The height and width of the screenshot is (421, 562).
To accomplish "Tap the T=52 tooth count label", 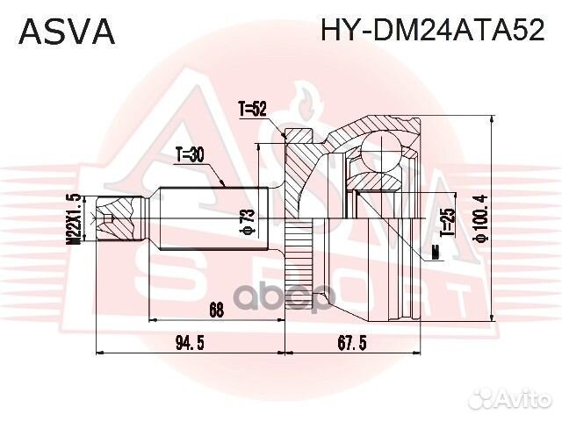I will [251, 110].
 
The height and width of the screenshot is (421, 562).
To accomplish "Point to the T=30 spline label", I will [189, 156].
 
